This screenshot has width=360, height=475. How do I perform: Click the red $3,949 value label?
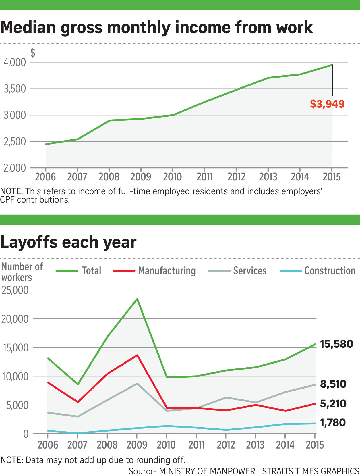coord(327,104)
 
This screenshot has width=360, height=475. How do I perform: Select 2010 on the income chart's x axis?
coord(172,176)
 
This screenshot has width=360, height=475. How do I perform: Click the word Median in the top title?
coord(28,28)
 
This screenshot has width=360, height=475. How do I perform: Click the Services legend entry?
coord(237,270)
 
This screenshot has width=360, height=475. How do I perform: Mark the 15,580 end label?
coord(336,344)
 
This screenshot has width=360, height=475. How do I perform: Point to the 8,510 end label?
coord(333,384)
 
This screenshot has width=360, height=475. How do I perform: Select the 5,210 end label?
coord(333,403)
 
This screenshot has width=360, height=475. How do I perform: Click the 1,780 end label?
coord(333,422)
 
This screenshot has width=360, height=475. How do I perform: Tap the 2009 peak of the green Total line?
coord(137,299)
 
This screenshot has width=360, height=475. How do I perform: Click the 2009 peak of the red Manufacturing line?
coord(137,355)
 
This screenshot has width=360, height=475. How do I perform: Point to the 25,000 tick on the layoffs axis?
coord(15,290)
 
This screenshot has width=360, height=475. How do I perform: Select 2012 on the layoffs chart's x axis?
coord(226,445)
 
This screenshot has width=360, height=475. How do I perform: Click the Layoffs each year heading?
coord(68,242)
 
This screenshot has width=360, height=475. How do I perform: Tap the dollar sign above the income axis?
coord(33,53)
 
